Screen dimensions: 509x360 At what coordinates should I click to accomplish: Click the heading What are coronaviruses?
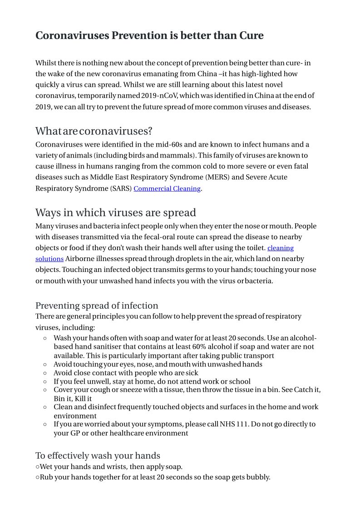(x=94, y=131)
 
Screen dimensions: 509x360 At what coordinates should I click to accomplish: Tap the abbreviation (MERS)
(x=217, y=177)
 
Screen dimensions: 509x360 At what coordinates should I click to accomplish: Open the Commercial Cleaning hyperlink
(x=167, y=188)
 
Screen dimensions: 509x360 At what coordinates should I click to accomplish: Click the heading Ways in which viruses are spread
(x=116, y=212)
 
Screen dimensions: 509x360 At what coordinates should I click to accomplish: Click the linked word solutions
(x=49, y=259)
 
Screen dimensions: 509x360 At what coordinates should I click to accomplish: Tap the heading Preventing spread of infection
(x=97, y=306)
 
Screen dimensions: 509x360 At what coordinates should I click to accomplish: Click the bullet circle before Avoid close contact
(x=44, y=373)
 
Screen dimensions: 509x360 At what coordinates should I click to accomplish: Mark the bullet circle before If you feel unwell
(x=44, y=382)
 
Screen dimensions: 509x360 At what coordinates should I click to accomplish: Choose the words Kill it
(x=83, y=399)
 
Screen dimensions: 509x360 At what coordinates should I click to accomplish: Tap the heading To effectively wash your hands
(x=98, y=456)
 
